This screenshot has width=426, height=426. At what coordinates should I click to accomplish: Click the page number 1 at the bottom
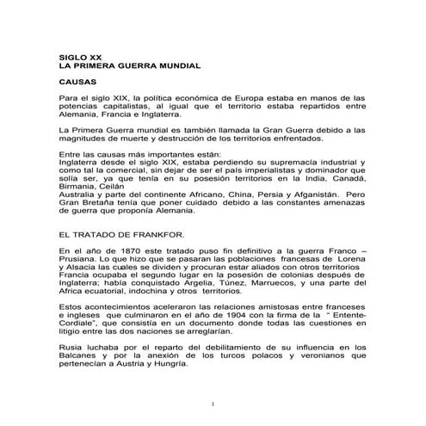(212, 403)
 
